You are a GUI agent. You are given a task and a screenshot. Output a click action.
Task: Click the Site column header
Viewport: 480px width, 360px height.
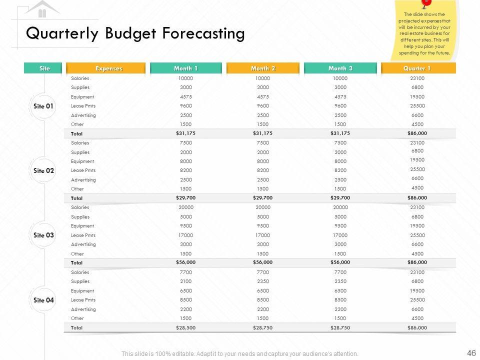[x=44, y=68]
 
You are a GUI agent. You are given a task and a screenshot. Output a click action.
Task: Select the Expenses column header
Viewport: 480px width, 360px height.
[x=108, y=68]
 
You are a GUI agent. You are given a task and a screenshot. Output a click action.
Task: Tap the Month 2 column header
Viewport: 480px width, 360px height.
[x=263, y=68]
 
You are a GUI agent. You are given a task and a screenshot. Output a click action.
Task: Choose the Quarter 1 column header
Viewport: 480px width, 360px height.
[x=417, y=68]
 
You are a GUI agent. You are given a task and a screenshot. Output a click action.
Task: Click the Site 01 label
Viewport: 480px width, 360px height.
[x=43, y=106]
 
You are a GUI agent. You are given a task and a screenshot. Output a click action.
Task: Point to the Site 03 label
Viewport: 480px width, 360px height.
[x=43, y=235]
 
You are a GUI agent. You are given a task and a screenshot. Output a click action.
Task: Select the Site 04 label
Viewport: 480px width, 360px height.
[x=43, y=300]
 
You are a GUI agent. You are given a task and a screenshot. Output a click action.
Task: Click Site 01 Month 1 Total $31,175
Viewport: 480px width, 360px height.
[x=185, y=133]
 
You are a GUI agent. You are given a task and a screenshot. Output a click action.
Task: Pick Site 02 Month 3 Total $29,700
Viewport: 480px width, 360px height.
[x=340, y=198]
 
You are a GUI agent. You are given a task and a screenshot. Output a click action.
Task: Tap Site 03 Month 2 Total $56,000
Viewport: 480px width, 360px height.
[x=263, y=262]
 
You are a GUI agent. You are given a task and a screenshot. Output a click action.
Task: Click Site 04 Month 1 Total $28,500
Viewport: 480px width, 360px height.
[x=185, y=327]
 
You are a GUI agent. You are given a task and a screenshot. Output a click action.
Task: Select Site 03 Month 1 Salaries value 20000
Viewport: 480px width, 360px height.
[x=185, y=207]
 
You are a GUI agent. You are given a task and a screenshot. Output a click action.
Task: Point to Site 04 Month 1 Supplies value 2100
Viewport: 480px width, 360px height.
[x=185, y=281]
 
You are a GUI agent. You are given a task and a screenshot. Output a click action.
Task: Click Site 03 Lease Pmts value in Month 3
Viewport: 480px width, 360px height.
[x=340, y=235]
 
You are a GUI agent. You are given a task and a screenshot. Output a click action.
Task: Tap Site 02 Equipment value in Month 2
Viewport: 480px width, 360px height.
[x=263, y=161]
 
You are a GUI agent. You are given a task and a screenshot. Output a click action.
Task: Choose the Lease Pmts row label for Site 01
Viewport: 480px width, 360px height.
[x=83, y=106]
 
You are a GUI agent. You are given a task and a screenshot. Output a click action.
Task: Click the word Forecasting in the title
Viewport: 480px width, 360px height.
[x=203, y=33]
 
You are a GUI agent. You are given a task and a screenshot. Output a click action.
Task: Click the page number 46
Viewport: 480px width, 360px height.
[x=471, y=353]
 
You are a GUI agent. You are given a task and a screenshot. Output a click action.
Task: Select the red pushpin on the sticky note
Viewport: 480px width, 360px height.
[x=425, y=3]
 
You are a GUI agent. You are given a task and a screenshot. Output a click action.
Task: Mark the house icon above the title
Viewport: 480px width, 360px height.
[x=42, y=9]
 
